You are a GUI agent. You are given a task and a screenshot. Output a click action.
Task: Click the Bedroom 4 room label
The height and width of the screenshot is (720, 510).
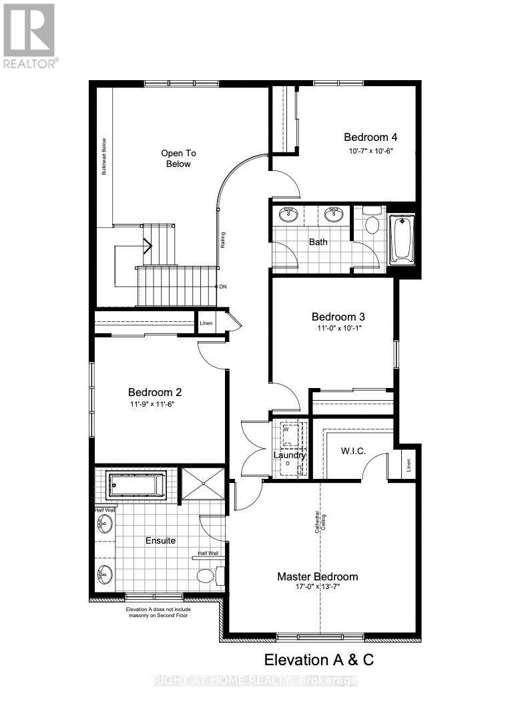[370, 137]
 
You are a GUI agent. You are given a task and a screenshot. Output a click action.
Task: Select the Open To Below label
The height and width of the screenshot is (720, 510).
[179, 158]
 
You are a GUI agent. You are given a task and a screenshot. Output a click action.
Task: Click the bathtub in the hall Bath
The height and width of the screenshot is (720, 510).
[403, 238]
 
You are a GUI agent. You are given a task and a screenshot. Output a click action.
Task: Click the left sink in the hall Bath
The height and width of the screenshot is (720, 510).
[288, 214]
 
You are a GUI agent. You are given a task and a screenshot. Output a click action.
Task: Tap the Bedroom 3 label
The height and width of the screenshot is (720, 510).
[338, 316]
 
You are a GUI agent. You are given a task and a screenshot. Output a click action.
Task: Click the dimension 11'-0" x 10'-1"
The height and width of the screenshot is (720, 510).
[338, 329]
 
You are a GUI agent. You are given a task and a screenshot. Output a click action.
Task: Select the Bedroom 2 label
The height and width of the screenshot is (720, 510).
[155, 392]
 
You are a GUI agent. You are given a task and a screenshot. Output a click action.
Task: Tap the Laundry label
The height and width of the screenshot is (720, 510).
[290, 456]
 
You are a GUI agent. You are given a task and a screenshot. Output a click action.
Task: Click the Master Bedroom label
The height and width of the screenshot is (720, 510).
[318, 576]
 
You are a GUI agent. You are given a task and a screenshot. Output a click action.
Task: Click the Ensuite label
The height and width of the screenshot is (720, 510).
[160, 540]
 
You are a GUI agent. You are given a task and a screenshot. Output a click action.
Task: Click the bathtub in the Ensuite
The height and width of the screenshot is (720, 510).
[136, 484]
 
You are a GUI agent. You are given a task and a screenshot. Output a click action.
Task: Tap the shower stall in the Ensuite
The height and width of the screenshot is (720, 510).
[202, 483]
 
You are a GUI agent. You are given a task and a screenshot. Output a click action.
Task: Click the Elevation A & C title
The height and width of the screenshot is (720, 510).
[319, 660]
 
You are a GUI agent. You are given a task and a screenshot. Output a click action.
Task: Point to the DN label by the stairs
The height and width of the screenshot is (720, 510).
[222, 286]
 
